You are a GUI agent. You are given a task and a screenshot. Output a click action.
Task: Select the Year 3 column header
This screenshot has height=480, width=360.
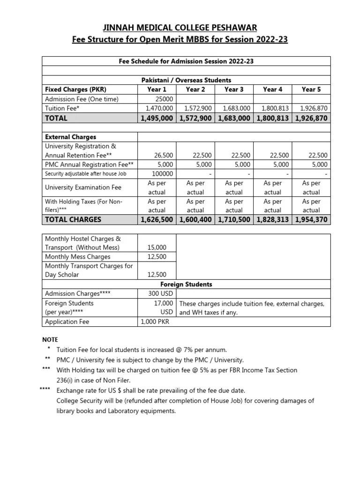234,90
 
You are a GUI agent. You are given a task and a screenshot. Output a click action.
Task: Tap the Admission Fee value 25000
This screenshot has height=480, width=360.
164,99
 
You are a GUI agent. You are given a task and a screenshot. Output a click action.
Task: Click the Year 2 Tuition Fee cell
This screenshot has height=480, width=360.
195,108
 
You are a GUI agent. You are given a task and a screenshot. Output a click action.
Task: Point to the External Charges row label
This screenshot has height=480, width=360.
70,137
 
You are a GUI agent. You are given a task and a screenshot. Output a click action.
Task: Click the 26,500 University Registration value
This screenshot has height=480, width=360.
164,155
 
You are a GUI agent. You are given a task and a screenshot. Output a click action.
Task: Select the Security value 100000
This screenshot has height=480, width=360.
161,173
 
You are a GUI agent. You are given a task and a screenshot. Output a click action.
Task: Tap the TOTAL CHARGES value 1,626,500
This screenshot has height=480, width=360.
157,219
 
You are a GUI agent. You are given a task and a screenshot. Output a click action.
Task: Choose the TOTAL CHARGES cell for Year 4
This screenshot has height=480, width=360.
272,219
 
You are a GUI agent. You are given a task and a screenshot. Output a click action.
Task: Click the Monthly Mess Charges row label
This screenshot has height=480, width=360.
77,257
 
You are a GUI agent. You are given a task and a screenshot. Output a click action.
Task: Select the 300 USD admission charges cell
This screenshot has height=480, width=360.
157,294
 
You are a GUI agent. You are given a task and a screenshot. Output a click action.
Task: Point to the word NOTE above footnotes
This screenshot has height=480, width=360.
50,339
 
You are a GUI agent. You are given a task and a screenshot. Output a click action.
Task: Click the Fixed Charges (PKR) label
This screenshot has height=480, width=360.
75,90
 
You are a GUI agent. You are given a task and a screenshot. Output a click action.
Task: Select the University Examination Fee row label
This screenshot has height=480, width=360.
83,187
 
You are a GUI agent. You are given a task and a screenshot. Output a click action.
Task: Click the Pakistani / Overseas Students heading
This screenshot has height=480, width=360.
186,81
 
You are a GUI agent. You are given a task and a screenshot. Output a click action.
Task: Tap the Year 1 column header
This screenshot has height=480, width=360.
157,90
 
